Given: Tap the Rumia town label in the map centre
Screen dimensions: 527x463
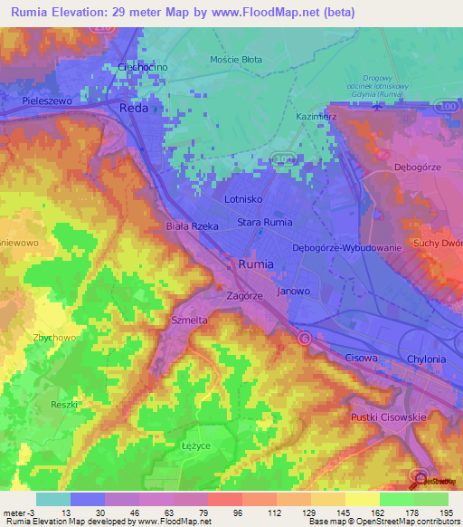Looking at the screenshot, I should pos(254,264).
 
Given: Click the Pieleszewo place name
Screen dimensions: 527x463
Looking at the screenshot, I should pos(48,103).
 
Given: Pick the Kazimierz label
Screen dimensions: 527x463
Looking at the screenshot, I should pos(317,117).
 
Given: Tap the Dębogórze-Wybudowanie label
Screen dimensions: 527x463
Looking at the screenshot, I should pos(345,247).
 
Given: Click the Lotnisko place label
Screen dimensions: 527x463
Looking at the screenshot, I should pos(242,197).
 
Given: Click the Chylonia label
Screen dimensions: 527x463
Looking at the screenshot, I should pos(426,359).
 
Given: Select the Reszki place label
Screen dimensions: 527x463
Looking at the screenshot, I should pos(65,405).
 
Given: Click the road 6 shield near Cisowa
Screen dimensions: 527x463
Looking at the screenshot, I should pos(305,338).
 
